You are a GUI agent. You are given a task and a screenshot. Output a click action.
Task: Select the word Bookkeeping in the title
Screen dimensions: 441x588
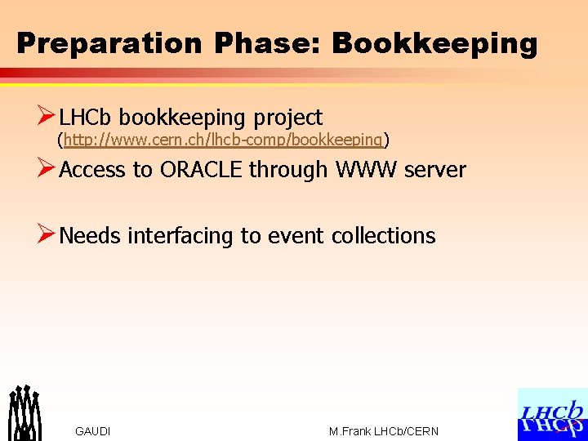(x=434, y=43)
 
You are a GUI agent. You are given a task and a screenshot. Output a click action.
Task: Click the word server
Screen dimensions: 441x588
(x=435, y=170)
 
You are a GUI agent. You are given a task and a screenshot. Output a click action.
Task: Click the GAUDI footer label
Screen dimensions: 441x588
(x=92, y=431)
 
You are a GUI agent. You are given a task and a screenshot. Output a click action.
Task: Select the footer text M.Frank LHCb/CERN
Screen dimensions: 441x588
(x=383, y=431)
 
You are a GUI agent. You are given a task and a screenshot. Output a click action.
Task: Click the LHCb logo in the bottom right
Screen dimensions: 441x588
(x=552, y=414)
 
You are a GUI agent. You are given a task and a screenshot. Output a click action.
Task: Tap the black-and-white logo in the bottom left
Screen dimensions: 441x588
(x=24, y=412)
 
